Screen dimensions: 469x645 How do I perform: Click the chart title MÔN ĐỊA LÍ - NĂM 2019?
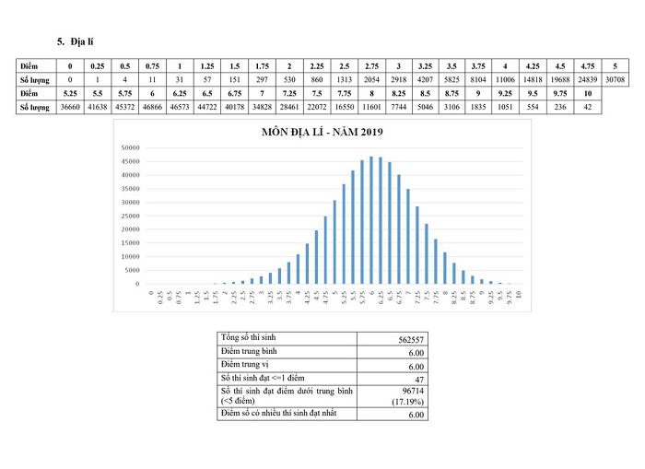coord(322,133)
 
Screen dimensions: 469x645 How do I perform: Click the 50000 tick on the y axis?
coord(128,147)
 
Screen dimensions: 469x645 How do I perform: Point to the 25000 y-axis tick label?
coord(128,216)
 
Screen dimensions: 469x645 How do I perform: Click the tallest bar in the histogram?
coord(371,220)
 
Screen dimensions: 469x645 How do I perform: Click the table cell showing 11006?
coord(504,80)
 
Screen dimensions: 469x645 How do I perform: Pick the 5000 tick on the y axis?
coord(131,270)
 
